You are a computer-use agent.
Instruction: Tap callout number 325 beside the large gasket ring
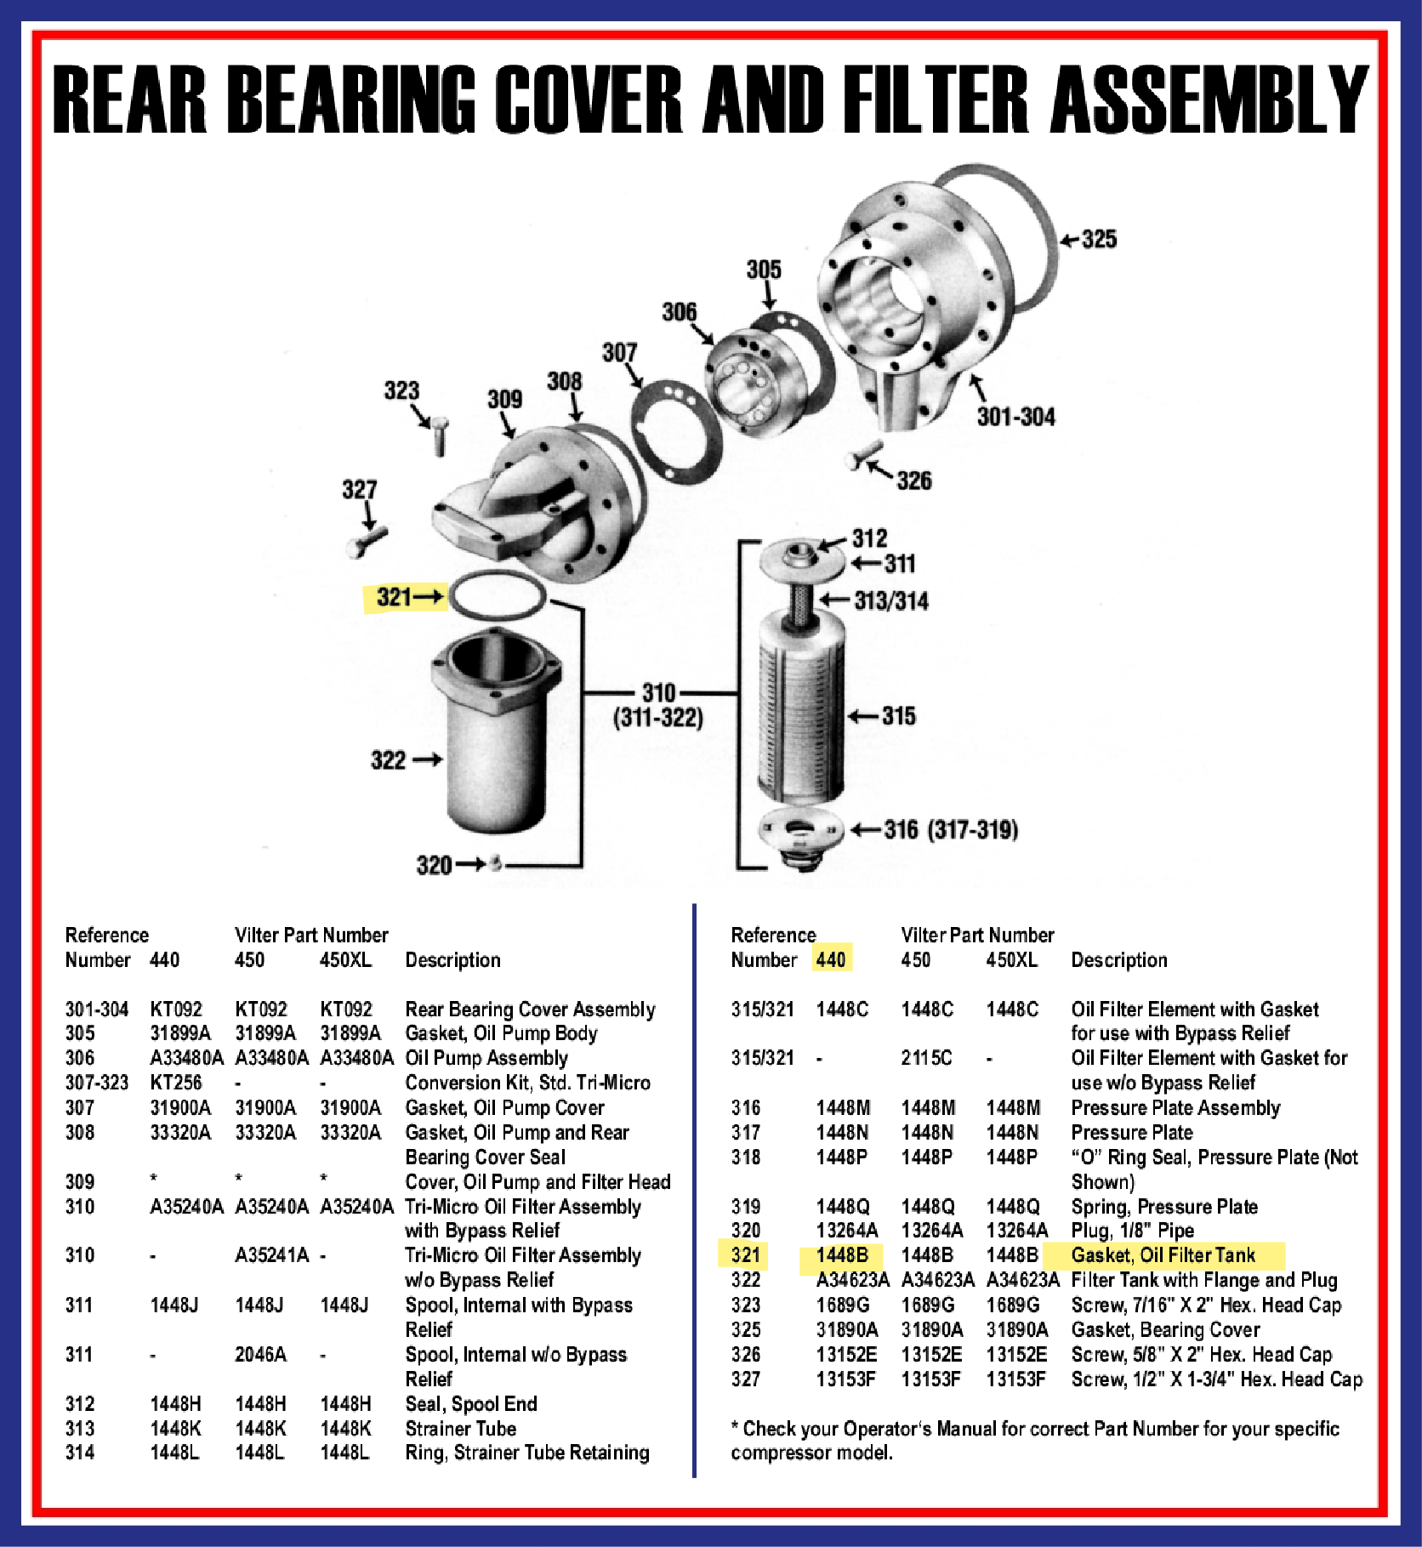(x=1098, y=239)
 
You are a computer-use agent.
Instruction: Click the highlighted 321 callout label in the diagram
(x=394, y=597)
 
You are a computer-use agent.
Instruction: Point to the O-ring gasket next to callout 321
(x=497, y=595)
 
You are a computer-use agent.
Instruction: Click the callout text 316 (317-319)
(x=951, y=830)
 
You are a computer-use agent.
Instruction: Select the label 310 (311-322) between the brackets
(x=658, y=706)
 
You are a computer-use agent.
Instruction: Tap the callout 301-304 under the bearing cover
(x=1015, y=417)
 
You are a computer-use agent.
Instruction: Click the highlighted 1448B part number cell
(x=842, y=1255)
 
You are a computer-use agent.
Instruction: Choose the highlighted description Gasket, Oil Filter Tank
(x=1163, y=1255)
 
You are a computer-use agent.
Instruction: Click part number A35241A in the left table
(x=271, y=1255)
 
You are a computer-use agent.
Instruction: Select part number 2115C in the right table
(x=926, y=1058)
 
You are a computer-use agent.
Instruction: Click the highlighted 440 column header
(x=831, y=960)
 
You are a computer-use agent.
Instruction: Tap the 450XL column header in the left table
(x=345, y=960)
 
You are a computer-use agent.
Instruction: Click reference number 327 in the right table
(x=746, y=1379)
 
